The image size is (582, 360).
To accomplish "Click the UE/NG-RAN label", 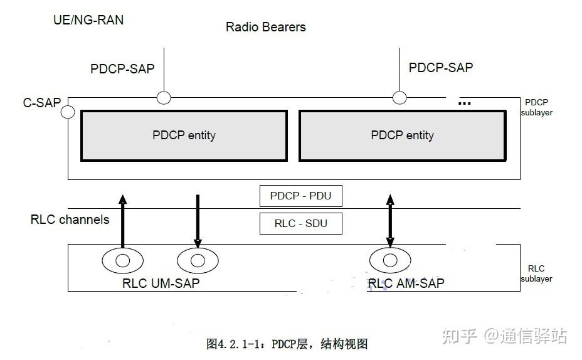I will (x=88, y=20).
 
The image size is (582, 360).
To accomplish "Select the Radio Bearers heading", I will (x=266, y=27).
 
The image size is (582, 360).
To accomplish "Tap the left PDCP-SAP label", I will (x=122, y=69).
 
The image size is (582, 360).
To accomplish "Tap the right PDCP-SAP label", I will (x=441, y=67).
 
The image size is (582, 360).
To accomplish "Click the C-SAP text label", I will (x=42, y=102).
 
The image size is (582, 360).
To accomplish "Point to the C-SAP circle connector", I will (x=68, y=112).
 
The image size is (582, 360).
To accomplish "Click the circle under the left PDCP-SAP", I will (x=164, y=97).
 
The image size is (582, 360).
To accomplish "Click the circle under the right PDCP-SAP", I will (x=399, y=97).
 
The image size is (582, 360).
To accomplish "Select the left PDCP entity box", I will (x=184, y=135).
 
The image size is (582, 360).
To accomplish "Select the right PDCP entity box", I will (x=402, y=135).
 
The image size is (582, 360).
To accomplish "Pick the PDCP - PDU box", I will (x=300, y=196).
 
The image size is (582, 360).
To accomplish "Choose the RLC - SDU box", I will (x=300, y=223).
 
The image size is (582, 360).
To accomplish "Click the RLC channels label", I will (x=70, y=220).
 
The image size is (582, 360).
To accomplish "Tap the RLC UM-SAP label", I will (x=161, y=283).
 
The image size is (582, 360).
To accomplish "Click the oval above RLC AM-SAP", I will (x=390, y=260).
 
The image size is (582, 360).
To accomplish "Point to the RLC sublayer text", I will (x=536, y=273).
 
